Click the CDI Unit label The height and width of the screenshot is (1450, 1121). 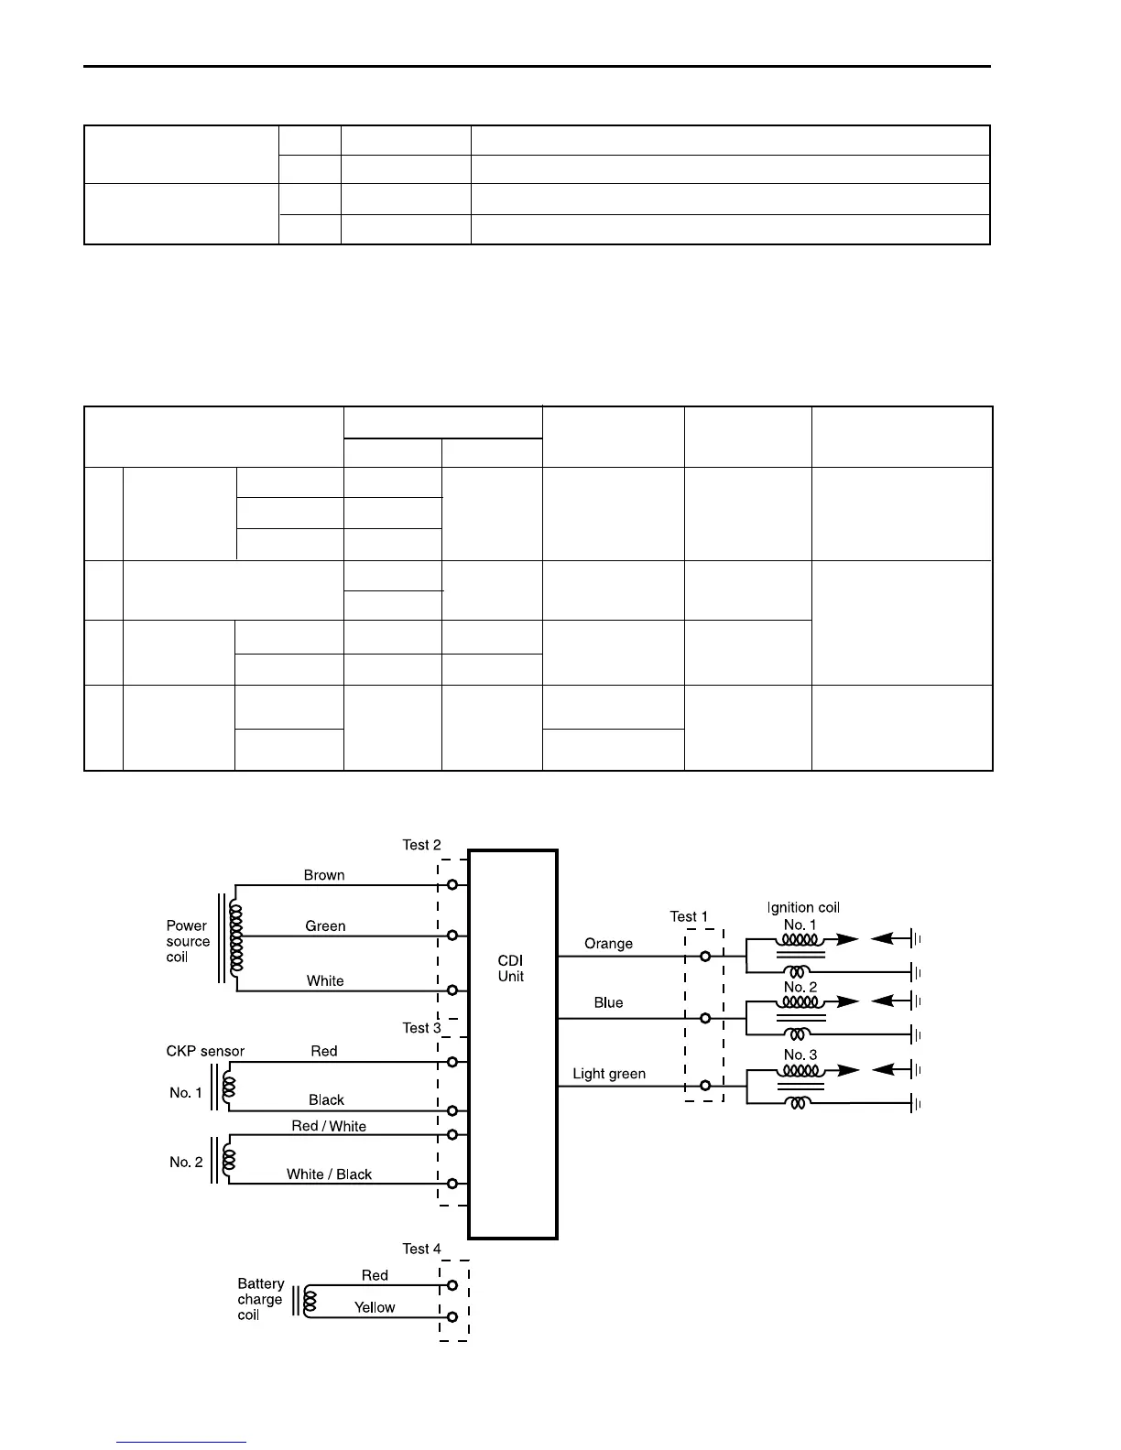click(x=511, y=968)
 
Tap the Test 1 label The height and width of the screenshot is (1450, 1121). click(x=689, y=916)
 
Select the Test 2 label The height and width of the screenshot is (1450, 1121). click(x=421, y=845)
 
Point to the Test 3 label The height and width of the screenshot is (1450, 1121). click(x=421, y=1028)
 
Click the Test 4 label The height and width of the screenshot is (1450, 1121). click(x=421, y=1249)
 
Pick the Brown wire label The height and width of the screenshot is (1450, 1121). click(x=324, y=875)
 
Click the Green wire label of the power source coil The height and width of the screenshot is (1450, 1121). click(x=325, y=926)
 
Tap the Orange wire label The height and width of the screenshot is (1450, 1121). click(x=608, y=944)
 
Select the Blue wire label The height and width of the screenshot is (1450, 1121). click(x=608, y=1002)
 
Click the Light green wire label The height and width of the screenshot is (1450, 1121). click(x=609, y=1074)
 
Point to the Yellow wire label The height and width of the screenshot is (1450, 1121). click(x=375, y=1307)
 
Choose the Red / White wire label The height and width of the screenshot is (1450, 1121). click(x=329, y=1126)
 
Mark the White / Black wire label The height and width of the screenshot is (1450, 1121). click(x=329, y=1174)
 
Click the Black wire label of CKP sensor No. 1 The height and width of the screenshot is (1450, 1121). click(x=326, y=1100)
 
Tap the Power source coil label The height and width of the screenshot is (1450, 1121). click(x=188, y=941)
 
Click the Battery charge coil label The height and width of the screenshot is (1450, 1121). click(x=260, y=1299)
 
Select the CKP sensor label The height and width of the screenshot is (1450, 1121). click(x=205, y=1051)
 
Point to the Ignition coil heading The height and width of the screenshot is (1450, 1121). click(x=803, y=907)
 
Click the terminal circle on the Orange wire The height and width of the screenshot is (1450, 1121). click(x=705, y=957)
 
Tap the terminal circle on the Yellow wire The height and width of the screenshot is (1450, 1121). click(x=452, y=1318)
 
